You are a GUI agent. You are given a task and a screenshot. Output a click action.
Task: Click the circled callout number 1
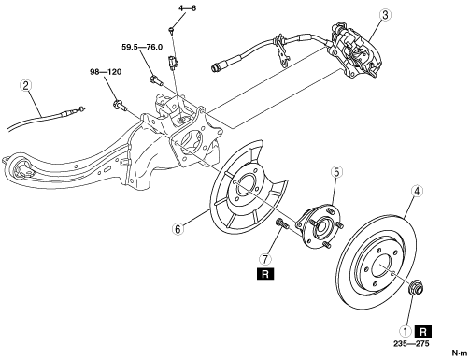click(x=406, y=331)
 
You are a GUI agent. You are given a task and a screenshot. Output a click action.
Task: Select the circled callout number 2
click(x=25, y=85)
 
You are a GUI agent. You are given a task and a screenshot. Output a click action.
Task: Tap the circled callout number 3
click(x=385, y=15)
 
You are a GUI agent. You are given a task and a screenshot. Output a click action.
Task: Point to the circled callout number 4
click(x=418, y=191)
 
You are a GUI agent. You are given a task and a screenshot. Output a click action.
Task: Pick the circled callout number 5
click(x=336, y=172)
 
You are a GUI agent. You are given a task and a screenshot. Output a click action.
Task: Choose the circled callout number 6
click(x=178, y=229)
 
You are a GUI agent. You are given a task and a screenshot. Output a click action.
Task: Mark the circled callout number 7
click(x=265, y=259)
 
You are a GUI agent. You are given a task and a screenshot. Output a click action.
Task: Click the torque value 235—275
click(x=411, y=344)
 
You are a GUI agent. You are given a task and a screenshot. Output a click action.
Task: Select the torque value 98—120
click(x=106, y=72)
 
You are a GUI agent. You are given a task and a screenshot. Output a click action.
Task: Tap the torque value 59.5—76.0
click(x=142, y=47)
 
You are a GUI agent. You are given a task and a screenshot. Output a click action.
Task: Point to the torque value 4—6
click(x=188, y=8)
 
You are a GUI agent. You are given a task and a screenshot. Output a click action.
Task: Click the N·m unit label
click(x=460, y=353)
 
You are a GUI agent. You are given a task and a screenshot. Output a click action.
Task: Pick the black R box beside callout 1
click(x=423, y=332)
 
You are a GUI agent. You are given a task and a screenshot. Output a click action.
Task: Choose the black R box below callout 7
click(x=265, y=274)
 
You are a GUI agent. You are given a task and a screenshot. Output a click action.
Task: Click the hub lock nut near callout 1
click(x=416, y=286)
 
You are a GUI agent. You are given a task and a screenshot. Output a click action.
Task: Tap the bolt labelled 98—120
click(x=121, y=105)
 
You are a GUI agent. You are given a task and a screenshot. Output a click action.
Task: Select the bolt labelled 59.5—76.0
click(x=156, y=79)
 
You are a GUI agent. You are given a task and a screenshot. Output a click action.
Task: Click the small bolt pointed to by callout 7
click(x=280, y=224)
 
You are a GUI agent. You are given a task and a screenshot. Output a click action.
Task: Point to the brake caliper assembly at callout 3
click(x=354, y=50)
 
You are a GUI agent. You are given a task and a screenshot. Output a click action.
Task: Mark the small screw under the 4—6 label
click(x=171, y=29)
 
